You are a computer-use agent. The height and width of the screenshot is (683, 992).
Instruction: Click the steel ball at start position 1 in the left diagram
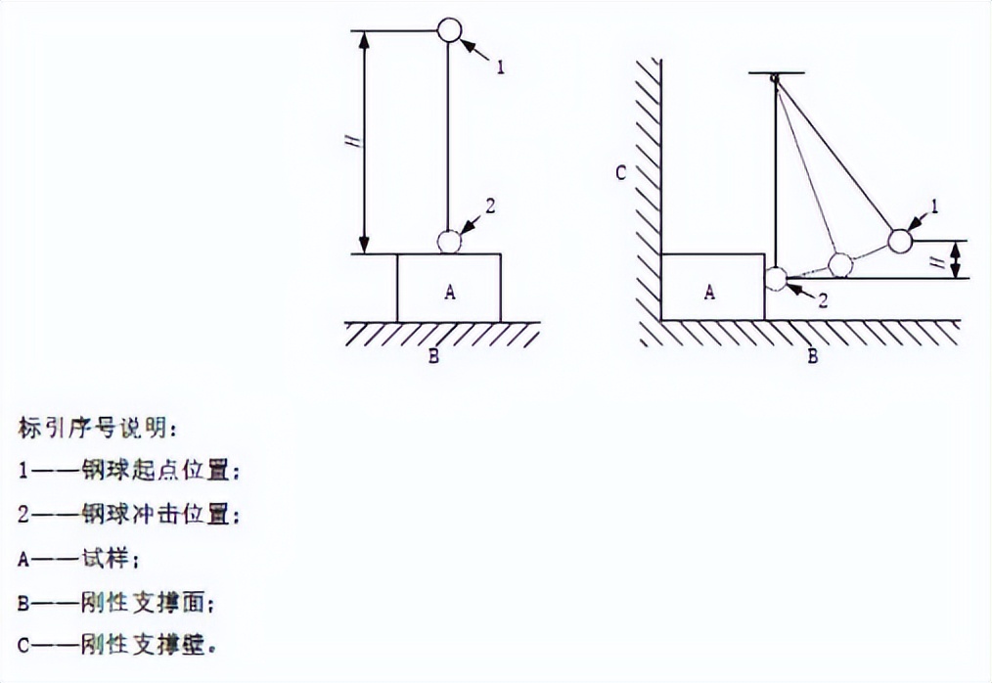[449, 29]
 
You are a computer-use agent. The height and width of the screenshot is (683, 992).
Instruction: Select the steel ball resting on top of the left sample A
[449, 241]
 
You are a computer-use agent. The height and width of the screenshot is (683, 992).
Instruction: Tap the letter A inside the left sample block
[450, 292]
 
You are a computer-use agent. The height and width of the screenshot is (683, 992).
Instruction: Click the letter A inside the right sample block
[710, 292]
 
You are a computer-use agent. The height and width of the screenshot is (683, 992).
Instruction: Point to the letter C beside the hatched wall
[621, 172]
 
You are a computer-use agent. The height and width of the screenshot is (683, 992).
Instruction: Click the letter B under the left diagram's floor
[433, 356]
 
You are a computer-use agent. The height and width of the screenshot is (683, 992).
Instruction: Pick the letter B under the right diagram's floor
[812, 356]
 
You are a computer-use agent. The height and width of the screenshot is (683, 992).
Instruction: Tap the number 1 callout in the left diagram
[501, 68]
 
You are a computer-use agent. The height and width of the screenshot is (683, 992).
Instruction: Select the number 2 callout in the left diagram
[490, 205]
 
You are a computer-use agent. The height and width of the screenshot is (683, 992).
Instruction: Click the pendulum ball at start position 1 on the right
[900, 241]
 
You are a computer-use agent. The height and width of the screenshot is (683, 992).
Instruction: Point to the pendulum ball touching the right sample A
[776, 279]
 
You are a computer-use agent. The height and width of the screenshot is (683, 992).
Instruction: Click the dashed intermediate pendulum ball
[840, 265]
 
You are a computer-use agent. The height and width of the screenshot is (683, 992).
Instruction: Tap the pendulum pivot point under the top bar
[775, 78]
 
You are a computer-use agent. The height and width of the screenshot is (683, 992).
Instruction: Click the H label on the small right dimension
[941, 259]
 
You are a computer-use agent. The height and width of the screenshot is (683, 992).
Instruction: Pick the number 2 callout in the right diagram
[823, 300]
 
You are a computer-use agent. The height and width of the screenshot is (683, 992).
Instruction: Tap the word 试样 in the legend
[105, 559]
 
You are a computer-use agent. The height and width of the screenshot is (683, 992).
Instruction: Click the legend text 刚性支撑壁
[143, 645]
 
